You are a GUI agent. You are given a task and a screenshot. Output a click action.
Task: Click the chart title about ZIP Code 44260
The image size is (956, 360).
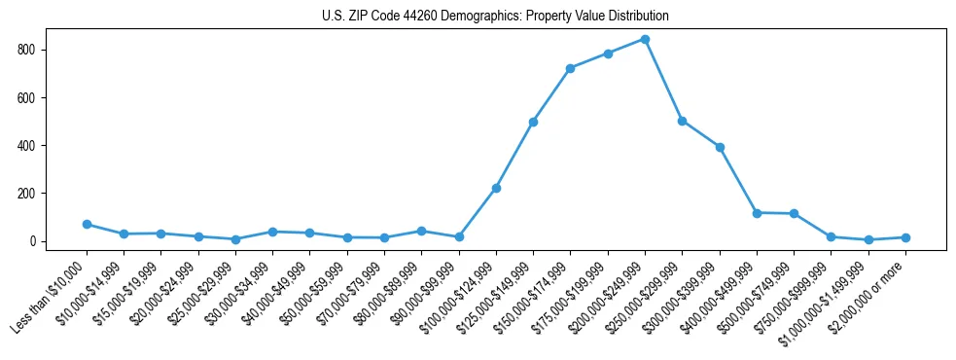pos(495,17)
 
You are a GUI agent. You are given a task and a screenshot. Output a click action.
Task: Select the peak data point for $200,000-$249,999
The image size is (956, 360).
pos(645,40)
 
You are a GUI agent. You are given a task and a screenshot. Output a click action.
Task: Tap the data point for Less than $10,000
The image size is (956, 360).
pos(87,224)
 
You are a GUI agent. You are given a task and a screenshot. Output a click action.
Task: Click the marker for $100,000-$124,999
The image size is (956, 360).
pos(496,188)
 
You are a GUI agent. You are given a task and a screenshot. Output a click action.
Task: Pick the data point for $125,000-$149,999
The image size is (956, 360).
pos(533,122)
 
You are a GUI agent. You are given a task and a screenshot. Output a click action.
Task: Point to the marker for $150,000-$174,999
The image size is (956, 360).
pos(570,68)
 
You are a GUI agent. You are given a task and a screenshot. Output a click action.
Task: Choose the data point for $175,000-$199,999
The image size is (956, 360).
pos(608,54)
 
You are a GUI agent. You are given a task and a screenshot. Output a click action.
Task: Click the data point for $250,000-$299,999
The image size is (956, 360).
pos(682,121)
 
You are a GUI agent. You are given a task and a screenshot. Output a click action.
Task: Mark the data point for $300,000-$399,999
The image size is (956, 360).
pos(720,147)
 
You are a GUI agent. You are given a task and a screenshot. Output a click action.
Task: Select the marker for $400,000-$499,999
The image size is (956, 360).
pos(757,212)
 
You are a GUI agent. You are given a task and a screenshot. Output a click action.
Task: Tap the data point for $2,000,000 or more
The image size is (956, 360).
pos(905,237)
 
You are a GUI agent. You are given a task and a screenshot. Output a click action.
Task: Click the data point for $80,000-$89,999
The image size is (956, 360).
pos(421,231)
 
